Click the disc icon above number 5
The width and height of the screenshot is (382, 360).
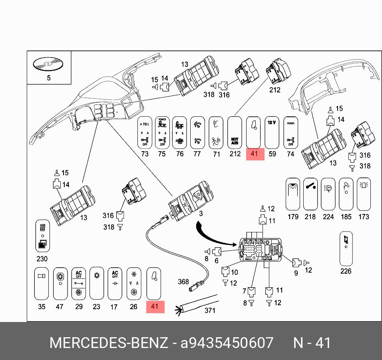(49, 63)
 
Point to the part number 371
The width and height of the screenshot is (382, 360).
(210, 310)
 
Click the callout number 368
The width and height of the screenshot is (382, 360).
(183, 282)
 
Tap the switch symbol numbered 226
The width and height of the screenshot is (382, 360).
(346, 248)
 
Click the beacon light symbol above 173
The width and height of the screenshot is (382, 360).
(364, 194)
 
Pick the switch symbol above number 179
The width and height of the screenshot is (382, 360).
(293, 194)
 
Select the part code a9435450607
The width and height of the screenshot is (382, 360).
(227, 343)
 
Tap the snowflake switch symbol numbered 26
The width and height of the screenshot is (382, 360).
(133, 284)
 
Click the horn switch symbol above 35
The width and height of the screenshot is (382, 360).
(42, 284)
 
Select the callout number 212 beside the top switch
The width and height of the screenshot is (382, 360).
(275, 90)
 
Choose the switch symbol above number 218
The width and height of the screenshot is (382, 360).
(310, 194)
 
